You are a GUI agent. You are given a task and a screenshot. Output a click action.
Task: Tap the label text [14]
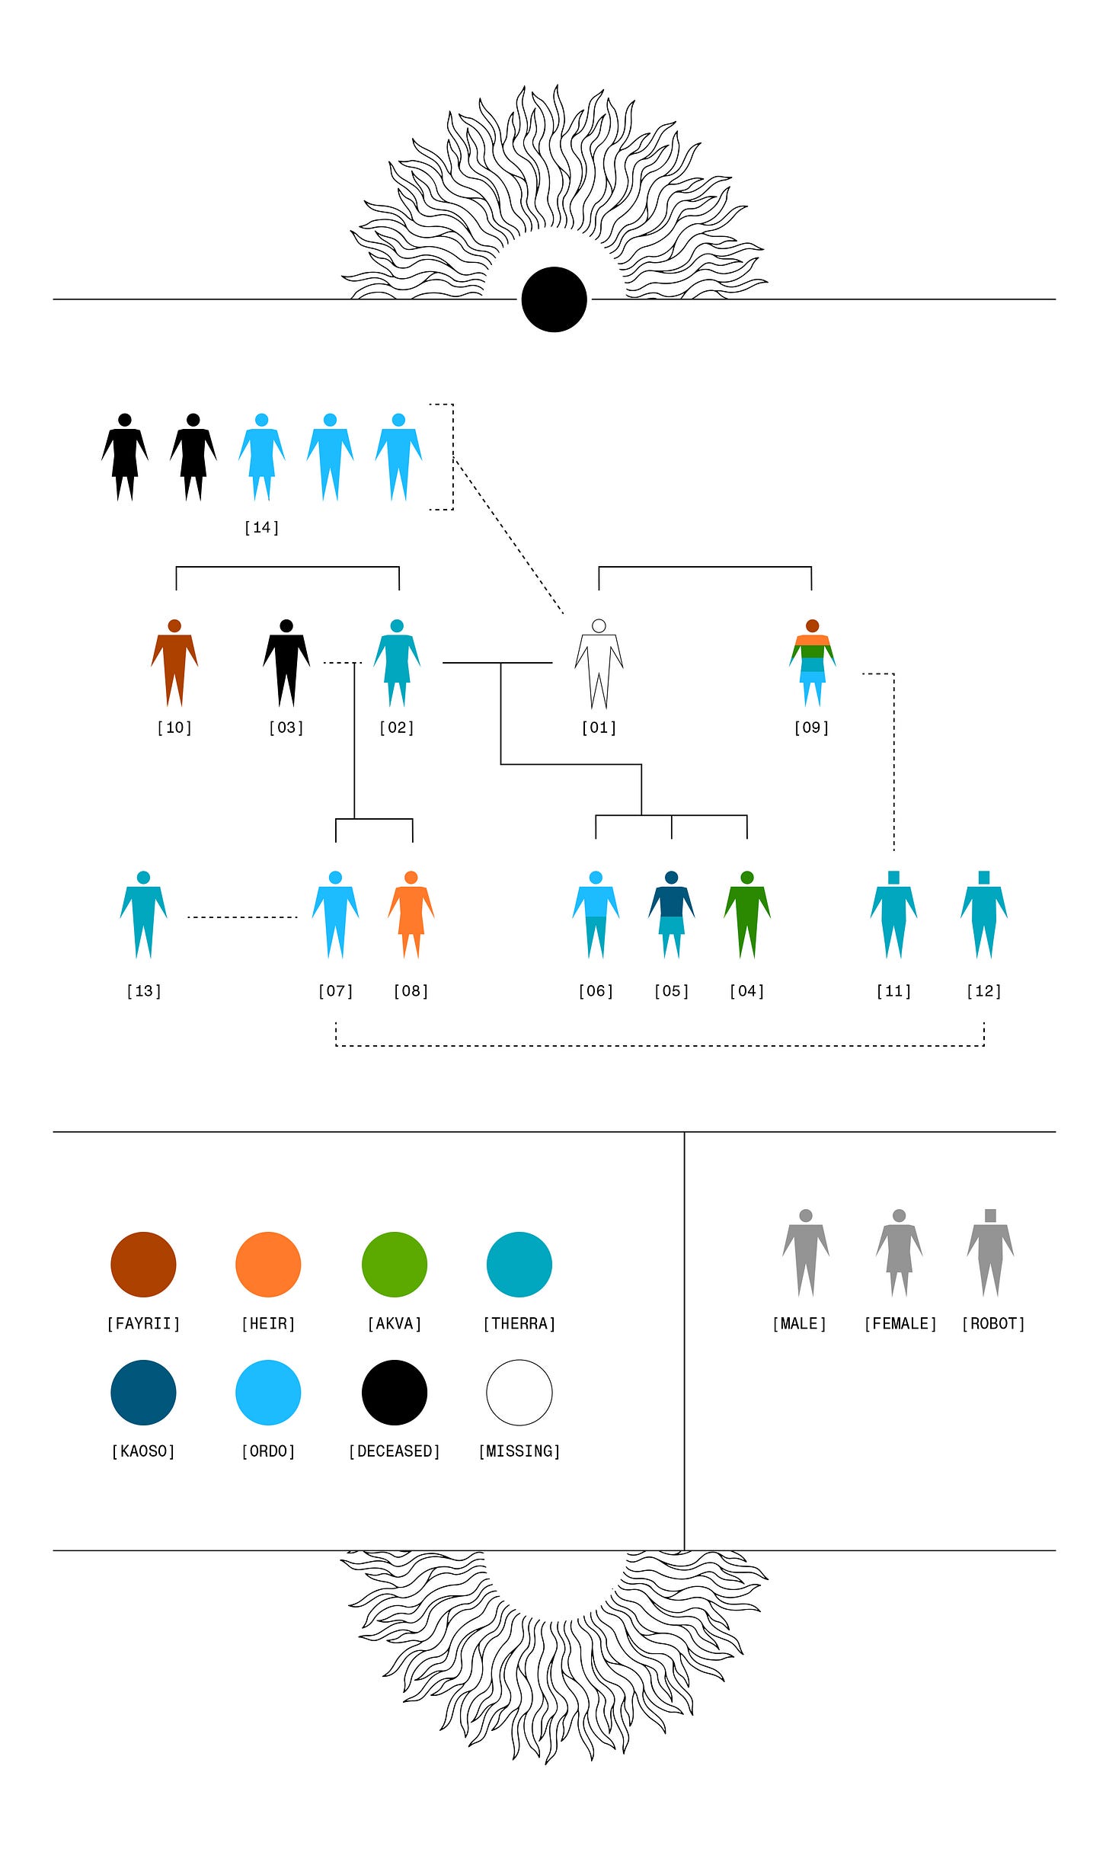coord(261,527)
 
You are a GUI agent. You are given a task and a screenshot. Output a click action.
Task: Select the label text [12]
coord(983,990)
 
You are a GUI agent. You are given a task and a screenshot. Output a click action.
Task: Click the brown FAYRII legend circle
coord(143,1264)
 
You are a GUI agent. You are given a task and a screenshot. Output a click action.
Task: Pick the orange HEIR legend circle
coord(268,1264)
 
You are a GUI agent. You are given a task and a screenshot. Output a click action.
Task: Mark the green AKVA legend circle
coord(395,1264)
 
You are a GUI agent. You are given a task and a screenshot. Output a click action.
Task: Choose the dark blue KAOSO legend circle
coord(143,1392)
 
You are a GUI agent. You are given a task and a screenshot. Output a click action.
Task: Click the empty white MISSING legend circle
coord(519,1392)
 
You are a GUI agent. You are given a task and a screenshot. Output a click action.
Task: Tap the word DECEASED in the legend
coord(395,1451)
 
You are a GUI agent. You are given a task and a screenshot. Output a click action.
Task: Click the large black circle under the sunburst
coord(554,299)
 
